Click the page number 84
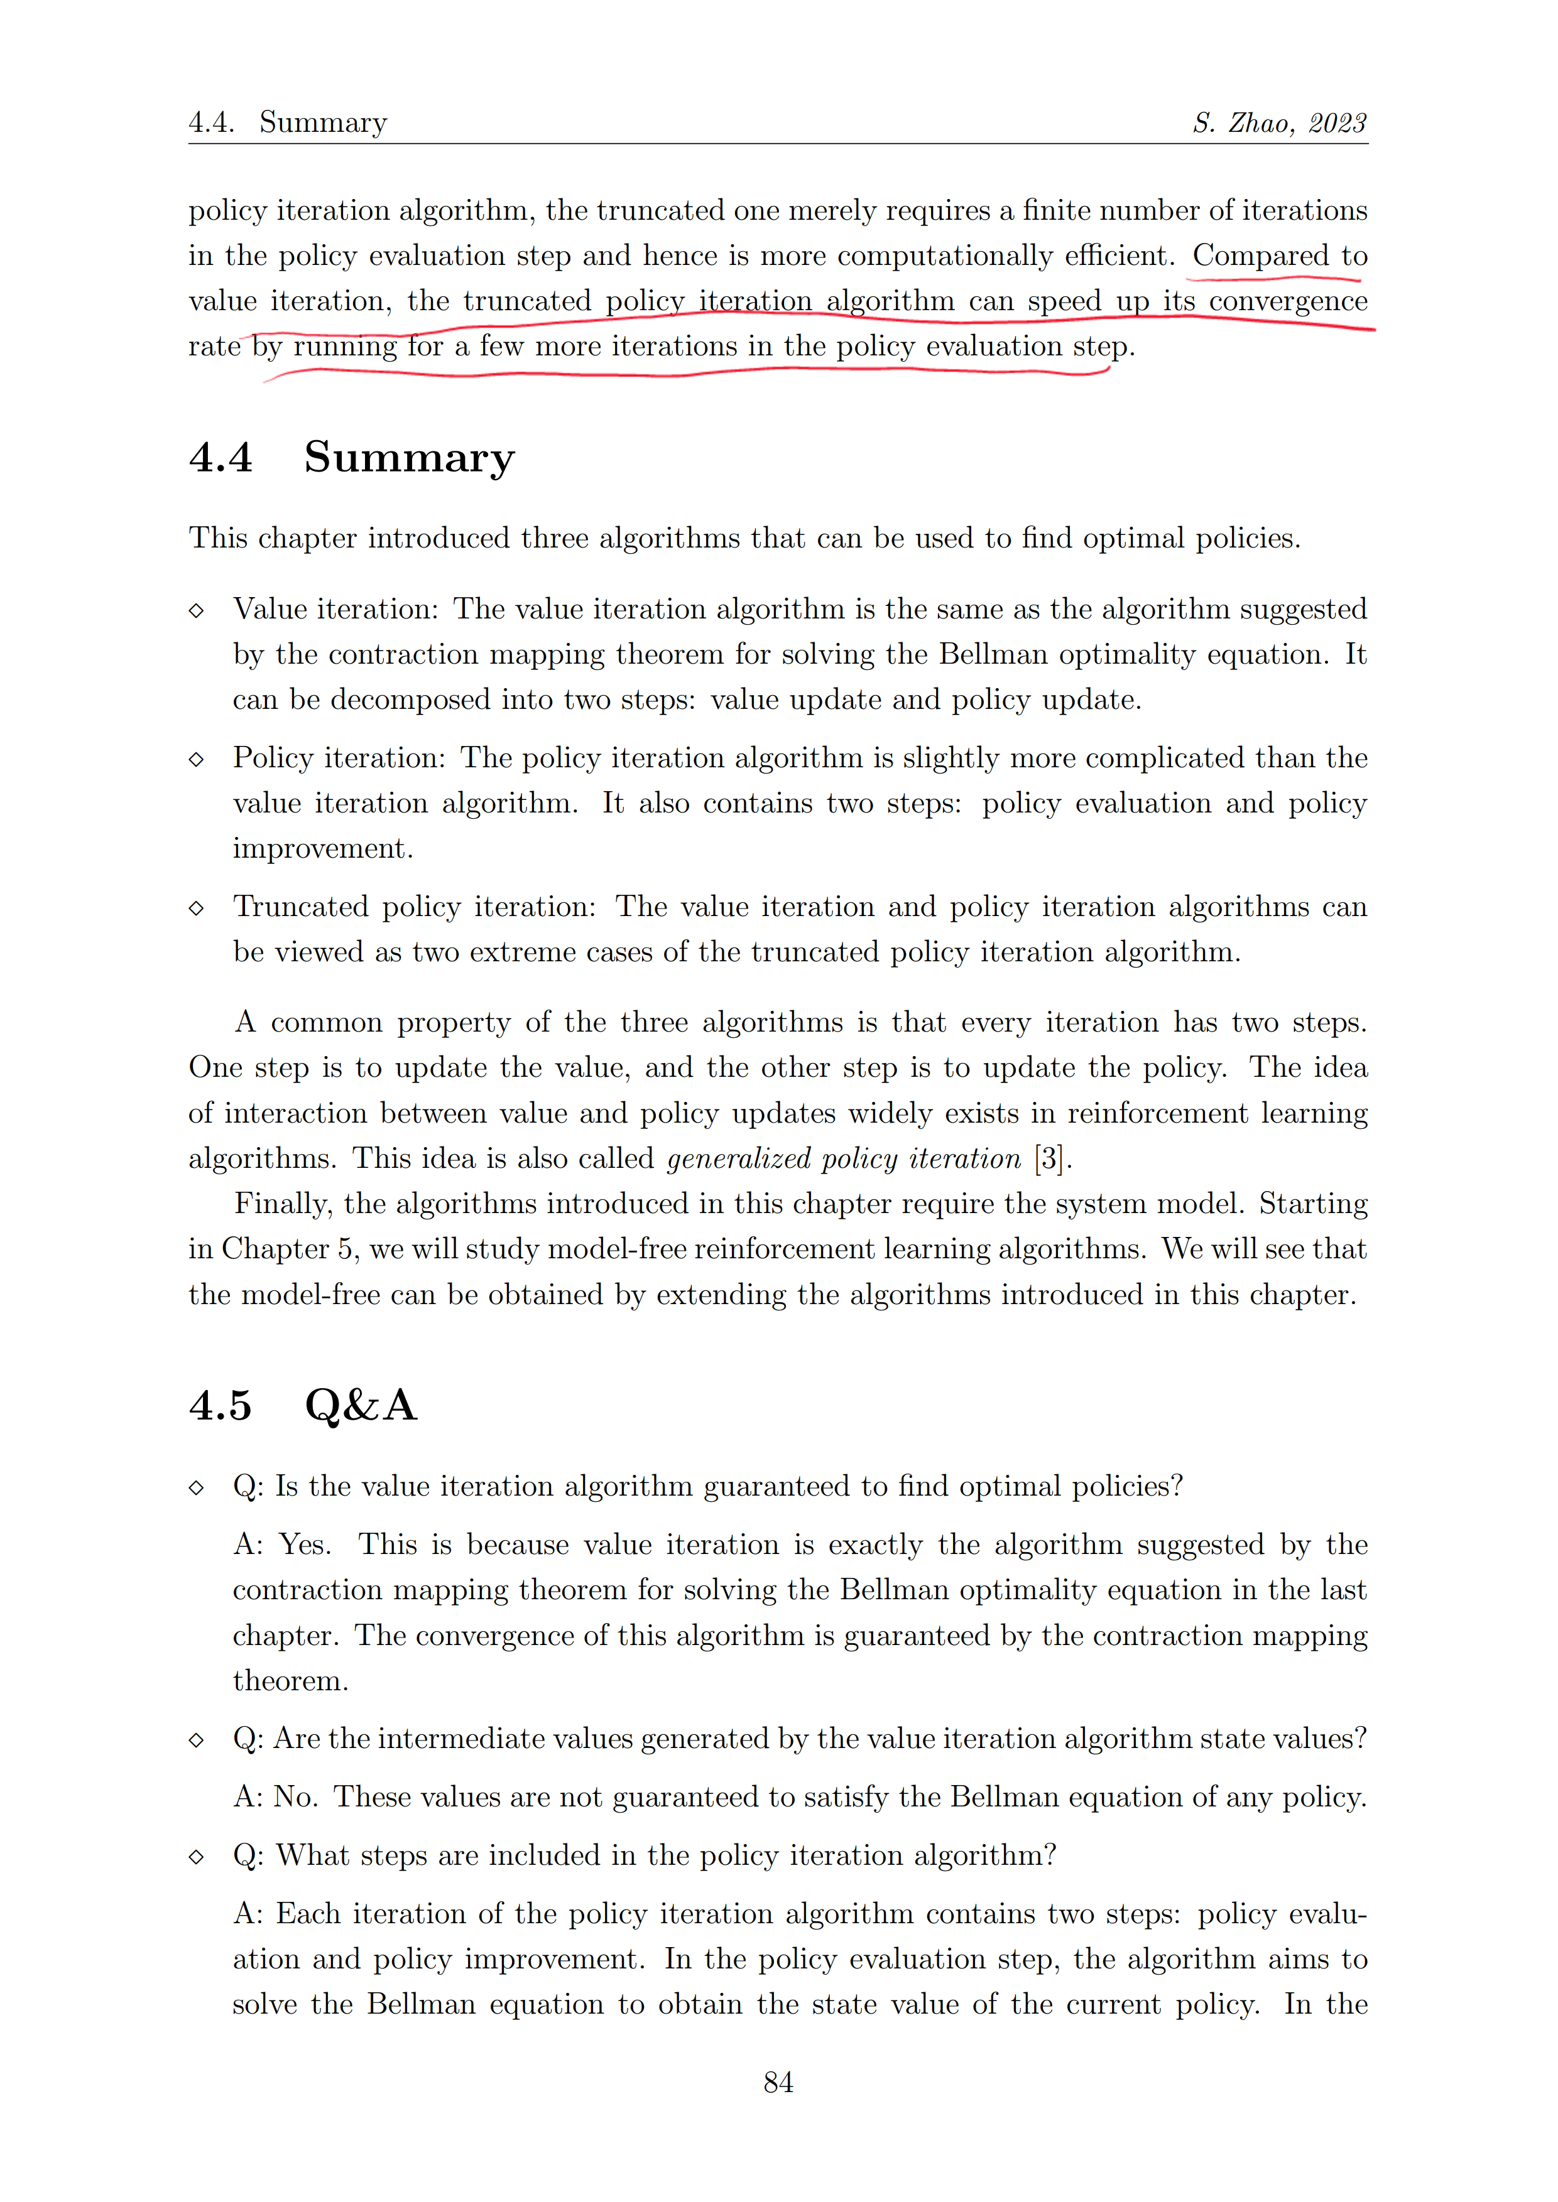coord(778,2082)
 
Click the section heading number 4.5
coord(221,1405)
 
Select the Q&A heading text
coord(361,1405)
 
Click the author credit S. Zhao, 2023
coord(1280,123)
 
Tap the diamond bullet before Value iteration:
coord(197,610)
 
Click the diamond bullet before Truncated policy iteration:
coord(197,907)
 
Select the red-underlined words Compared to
coord(1280,256)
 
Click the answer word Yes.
coord(305,1544)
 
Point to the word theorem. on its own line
coord(291,1680)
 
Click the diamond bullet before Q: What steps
coord(197,1856)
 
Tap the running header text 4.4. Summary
coord(288,123)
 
